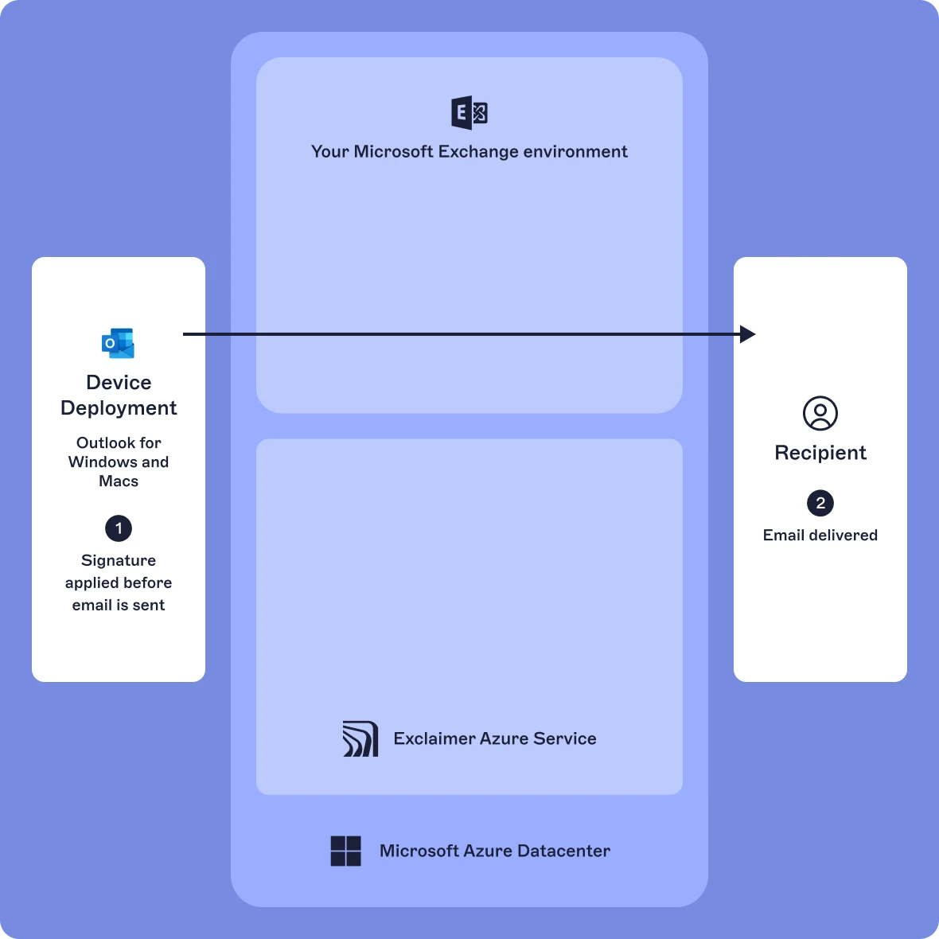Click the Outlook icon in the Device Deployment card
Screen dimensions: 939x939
(119, 343)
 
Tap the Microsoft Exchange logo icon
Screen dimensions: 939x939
(469, 113)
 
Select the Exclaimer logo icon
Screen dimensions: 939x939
(360, 738)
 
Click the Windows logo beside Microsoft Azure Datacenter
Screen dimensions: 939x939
(346, 851)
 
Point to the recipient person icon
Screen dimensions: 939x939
(820, 414)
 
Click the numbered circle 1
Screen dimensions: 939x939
(119, 528)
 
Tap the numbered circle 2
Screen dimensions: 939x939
(820, 503)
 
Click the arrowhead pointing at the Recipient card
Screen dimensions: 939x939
(747, 334)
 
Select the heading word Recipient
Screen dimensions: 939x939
(820, 453)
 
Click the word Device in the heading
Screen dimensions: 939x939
(119, 383)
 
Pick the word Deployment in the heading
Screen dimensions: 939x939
(119, 408)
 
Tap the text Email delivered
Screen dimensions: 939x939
(820, 536)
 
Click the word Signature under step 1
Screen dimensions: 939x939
(119, 561)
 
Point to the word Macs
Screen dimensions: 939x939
(119, 481)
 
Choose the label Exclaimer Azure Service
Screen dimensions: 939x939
(495, 738)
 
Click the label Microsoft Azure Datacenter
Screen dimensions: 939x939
(495, 851)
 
